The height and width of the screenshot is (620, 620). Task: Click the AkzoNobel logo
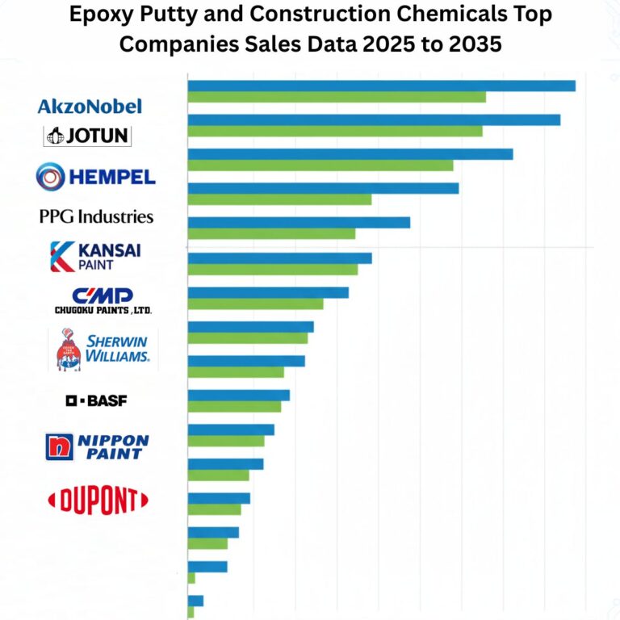90,106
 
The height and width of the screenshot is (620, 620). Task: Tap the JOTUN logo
87,136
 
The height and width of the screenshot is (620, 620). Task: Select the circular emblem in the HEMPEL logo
51,176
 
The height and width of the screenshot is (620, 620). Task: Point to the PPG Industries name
96,216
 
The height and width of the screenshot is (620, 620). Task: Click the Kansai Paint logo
94,255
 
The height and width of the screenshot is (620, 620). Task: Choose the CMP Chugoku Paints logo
103,300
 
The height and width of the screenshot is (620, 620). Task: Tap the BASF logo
96,400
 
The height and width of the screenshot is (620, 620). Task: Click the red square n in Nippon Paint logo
59,446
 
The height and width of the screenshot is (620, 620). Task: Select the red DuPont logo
98,501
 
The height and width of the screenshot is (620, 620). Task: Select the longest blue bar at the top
381,86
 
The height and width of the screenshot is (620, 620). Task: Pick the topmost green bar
337,97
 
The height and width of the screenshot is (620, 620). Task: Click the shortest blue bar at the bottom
195,601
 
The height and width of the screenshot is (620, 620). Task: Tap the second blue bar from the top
374,119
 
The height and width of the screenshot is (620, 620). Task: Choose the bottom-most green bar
191,612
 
